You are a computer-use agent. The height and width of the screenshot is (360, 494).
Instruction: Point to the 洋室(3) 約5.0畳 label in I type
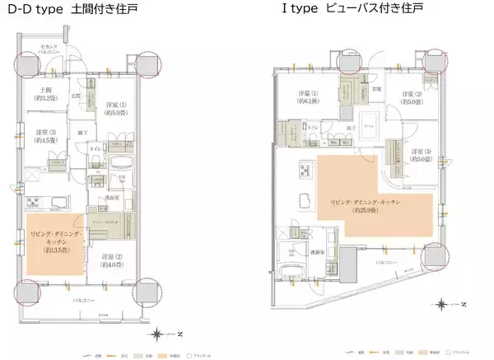(421, 155)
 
